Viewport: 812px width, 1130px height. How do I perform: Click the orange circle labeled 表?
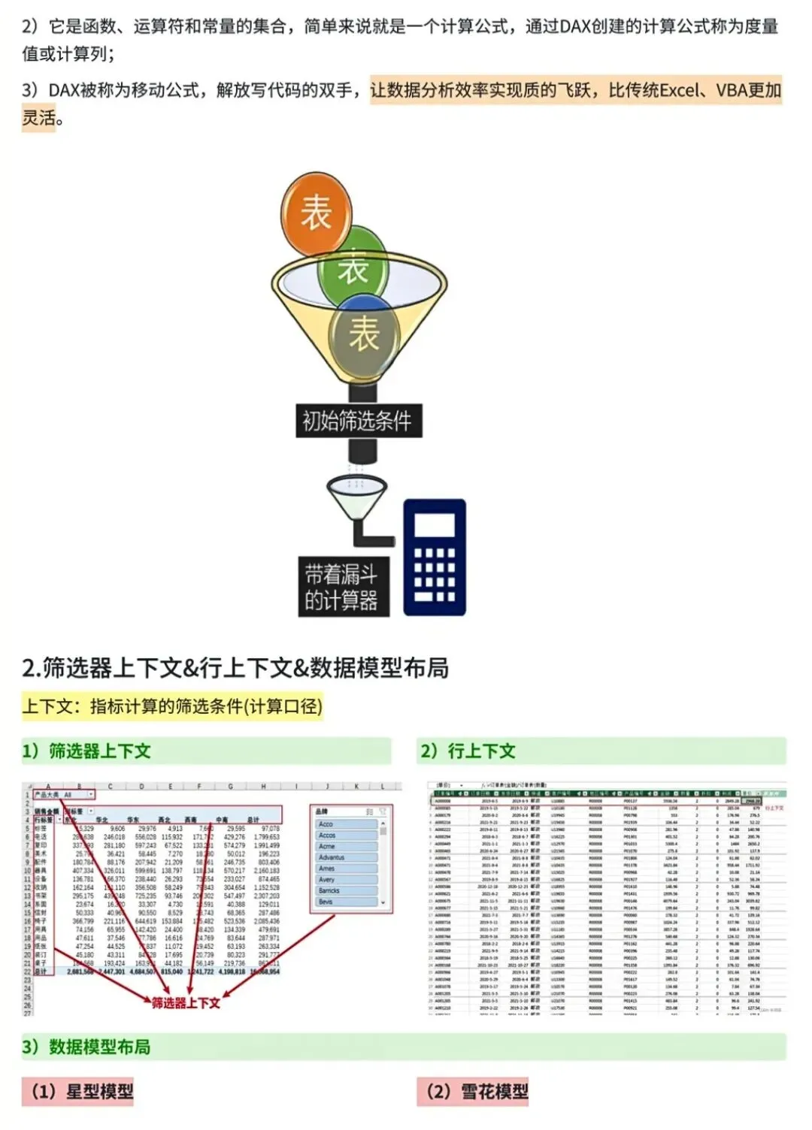tap(317, 213)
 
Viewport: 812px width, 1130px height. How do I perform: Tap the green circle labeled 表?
tap(352, 267)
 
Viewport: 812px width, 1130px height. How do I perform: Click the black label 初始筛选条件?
tap(357, 421)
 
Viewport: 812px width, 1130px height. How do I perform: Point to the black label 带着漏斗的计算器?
tap(341, 587)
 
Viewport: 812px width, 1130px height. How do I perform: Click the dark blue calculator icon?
tap(435, 557)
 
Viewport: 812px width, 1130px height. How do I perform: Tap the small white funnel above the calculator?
tap(357, 496)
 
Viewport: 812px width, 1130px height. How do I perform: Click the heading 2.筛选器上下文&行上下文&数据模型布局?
tap(235, 667)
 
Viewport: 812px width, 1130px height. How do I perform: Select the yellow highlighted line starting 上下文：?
tap(172, 706)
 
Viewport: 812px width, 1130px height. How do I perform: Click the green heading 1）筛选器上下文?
tap(86, 751)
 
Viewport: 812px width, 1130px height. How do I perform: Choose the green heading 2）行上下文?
tap(468, 751)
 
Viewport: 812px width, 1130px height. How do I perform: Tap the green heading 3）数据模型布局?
tap(86, 1047)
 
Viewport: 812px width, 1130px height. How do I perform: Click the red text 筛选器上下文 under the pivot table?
tap(186, 1003)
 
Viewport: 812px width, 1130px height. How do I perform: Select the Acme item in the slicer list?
tap(346, 846)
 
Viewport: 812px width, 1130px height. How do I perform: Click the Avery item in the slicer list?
tap(346, 879)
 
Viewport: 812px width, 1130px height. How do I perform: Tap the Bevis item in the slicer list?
tap(346, 902)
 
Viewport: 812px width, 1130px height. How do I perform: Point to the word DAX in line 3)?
tap(64, 91)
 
